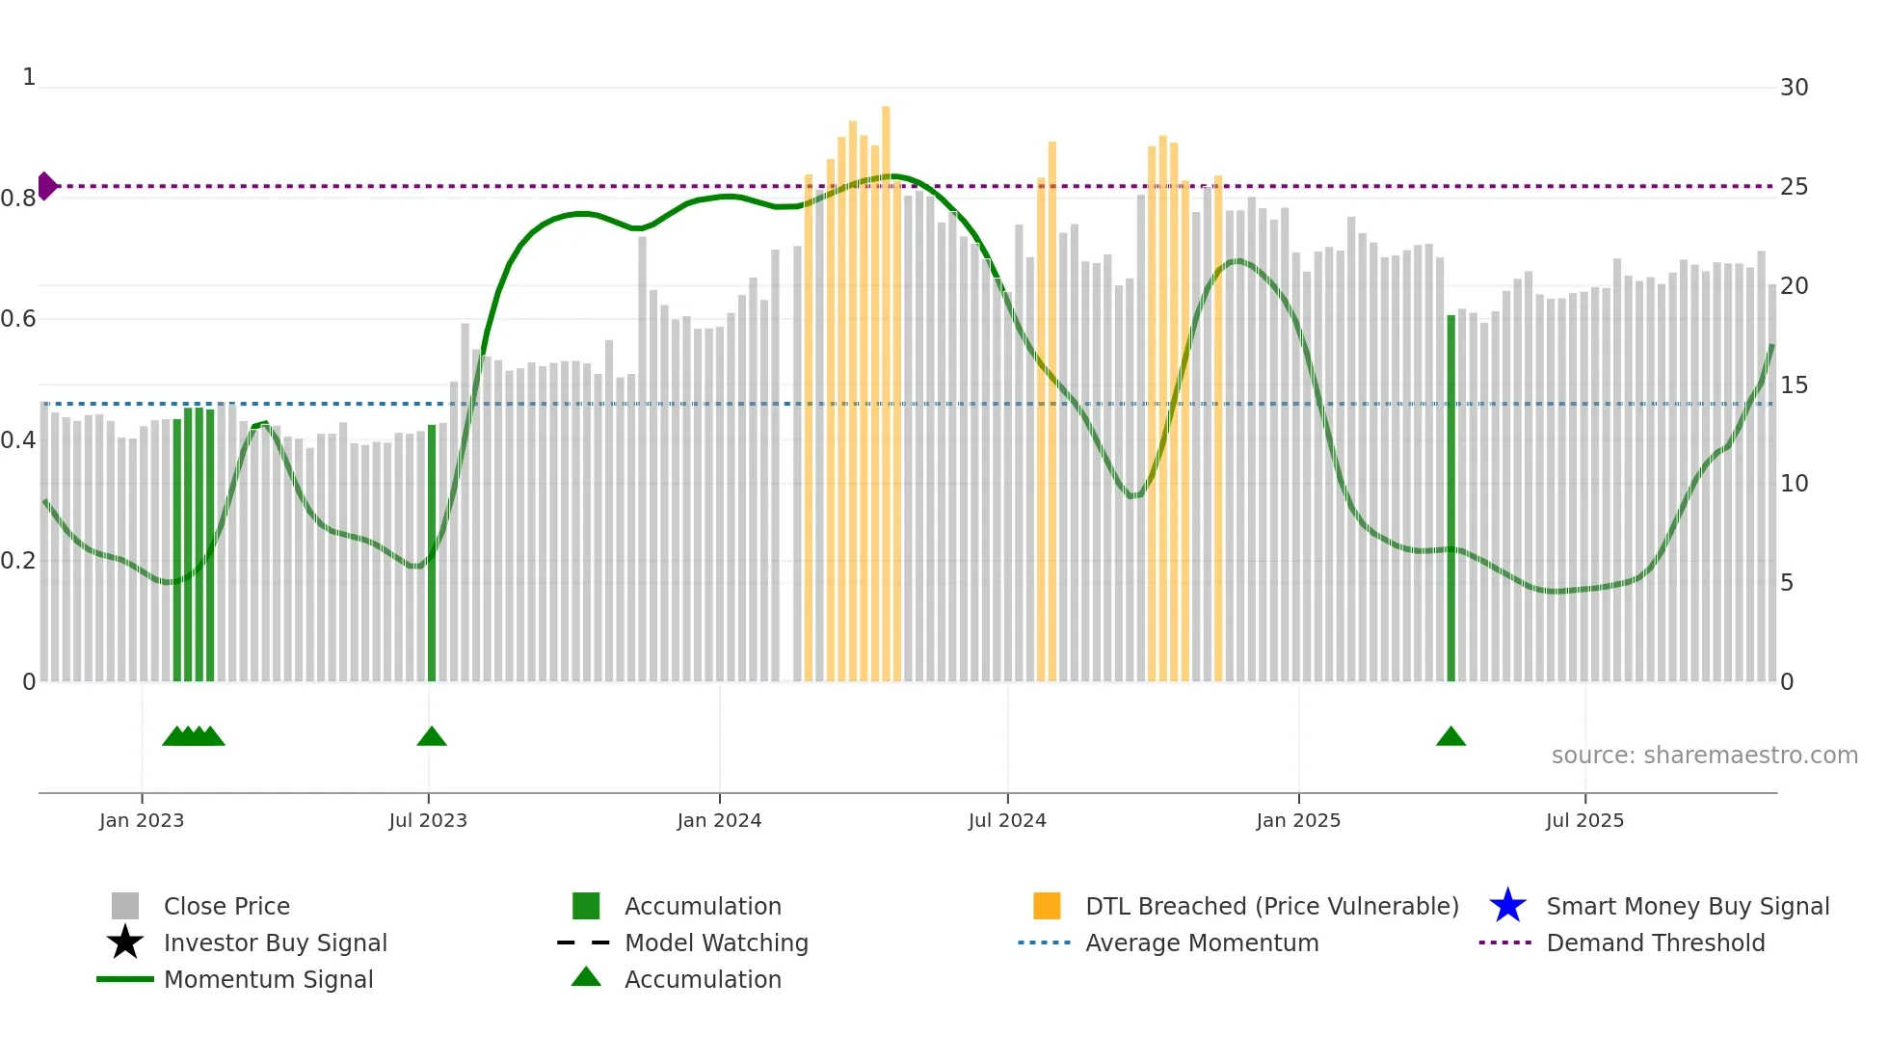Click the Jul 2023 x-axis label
coord(428,820)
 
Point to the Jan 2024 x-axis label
coord(719,820)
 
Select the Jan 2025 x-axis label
coord(1298,820)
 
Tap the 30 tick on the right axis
coord(1794,88)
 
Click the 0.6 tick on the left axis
coord(18,319)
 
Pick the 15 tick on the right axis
coord(1794,385)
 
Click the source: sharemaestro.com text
coord(1704,756)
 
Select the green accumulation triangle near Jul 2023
coord(432,736)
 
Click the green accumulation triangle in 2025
coord(1450,736)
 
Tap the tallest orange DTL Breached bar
coord(886,385)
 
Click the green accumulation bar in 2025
coord(1450,501)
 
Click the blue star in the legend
coord(1507,906)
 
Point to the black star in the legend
coord(125,943)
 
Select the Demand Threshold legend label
coord(1655,943)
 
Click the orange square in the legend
coord(1047,906)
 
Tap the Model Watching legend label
coord(716,943)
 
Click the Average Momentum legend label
coord(1202,943)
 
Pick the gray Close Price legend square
coord(125,906)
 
